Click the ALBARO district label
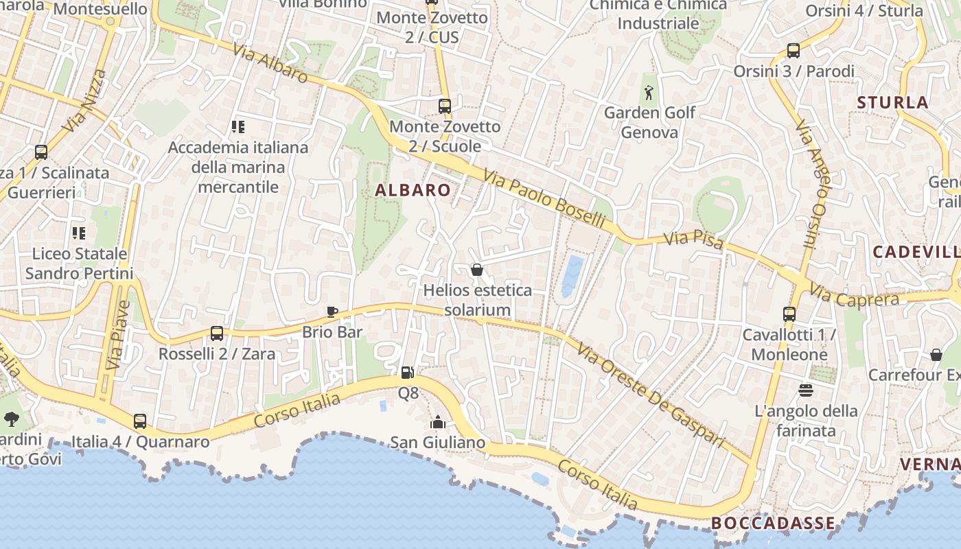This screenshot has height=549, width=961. [x=413, y=191]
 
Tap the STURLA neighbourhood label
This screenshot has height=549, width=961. [x=893, y=103]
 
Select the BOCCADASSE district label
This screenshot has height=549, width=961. [x=773, y=523]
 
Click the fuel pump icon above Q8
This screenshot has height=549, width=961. [x=408, y=373]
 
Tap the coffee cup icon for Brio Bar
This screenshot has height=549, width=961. [x=332, y=312]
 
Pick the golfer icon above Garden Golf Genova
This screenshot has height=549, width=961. [x=649, y=91]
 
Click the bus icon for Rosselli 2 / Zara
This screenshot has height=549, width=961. [x=217, y=334]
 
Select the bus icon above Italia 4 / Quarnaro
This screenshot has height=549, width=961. [x=140, y=421]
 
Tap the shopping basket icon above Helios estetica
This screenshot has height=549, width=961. [x=477, y=270]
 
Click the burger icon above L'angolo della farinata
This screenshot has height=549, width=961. [x=806, y=390]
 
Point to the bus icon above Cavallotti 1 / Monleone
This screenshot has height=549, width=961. [x=789, y=314]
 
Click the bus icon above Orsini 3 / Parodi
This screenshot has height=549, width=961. [x=794, y=50]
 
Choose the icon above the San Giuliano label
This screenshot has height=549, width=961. [x=437, y=422]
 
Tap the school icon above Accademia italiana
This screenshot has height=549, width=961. [x=238, y=126]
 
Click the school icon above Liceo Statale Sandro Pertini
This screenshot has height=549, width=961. [x=79, y=233]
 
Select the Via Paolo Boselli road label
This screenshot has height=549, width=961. [x=544, y=200]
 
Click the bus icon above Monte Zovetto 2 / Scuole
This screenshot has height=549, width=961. [x=445, y=106]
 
